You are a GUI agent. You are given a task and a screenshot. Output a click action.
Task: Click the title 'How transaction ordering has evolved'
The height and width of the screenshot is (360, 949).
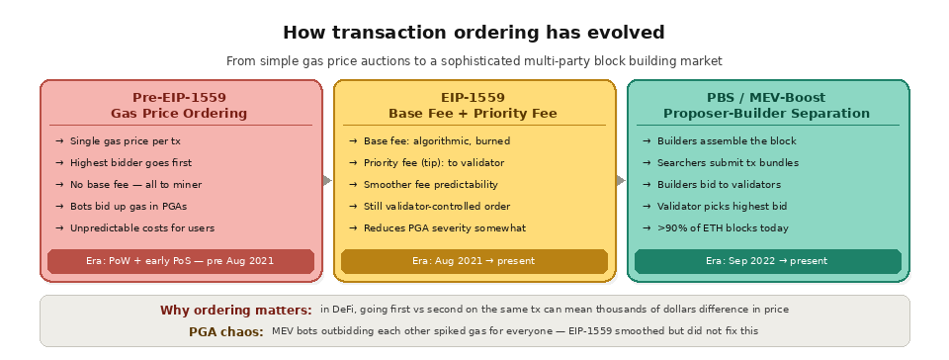[474, 33]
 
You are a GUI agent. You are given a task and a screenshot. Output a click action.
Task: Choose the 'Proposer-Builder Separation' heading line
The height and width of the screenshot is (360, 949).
[766, 114]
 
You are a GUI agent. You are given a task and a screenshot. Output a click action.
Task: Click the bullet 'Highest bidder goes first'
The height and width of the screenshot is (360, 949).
[130, 162]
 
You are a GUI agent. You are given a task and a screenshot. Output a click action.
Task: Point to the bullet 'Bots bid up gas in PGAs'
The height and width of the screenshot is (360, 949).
[128, 206]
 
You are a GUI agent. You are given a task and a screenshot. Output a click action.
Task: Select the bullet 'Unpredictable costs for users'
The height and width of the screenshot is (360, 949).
[141, 228]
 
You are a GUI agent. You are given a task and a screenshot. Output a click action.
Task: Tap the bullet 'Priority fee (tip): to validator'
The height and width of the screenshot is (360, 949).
[434, 162]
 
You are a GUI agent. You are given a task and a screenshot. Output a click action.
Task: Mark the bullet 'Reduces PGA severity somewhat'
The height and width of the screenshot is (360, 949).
[444, 228]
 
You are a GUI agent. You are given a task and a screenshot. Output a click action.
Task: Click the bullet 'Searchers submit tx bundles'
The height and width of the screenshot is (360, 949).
[728, 162]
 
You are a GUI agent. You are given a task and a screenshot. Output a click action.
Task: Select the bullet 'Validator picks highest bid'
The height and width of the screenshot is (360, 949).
[722, 206]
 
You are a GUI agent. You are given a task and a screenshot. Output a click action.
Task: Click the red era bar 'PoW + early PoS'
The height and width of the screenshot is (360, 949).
[180, 261]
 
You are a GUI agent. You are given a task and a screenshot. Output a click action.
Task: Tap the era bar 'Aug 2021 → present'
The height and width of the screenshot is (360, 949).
[474, 261]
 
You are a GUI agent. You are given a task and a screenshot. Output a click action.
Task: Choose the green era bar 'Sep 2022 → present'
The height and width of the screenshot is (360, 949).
[767, 261]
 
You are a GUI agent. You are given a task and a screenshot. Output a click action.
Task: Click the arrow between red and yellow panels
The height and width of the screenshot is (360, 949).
[328, 180]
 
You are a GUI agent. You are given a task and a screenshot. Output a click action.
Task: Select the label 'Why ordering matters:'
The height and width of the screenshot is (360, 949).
[235, 311]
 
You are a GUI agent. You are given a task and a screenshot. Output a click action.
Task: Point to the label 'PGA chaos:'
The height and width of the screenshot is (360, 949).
[225, 331]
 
